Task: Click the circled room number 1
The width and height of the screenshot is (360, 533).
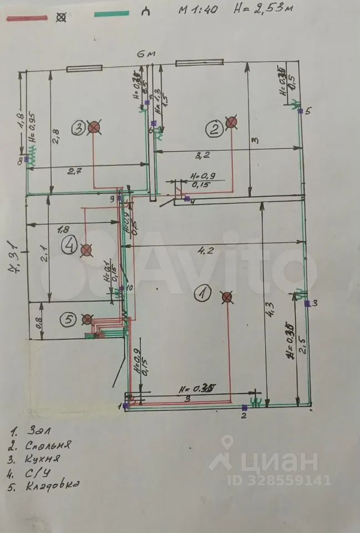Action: coord(203,293)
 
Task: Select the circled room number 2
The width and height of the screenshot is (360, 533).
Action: coord(214,130)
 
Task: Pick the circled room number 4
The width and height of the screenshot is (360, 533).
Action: coord(69,245)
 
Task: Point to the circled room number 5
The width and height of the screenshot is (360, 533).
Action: coord(68,319)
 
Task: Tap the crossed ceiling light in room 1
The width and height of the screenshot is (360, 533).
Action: coord(226,298)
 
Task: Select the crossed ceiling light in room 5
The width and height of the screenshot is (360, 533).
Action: coord(87,319)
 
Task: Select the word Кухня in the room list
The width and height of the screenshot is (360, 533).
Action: coord(42,458)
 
